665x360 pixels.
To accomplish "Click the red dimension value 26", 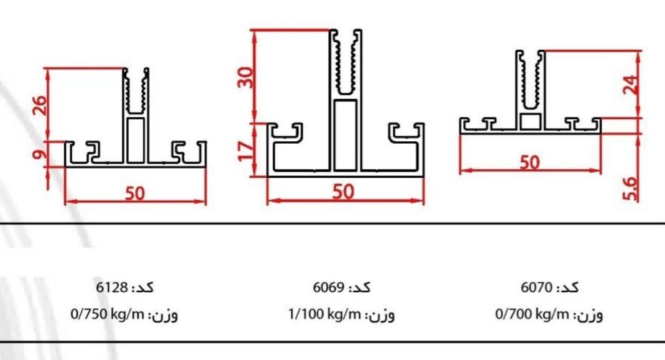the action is pos(39,106).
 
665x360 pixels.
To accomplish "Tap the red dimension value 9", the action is pos(39,153).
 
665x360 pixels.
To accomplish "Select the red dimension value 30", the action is pos(245,77).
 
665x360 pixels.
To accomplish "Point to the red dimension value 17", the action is pos(245,150).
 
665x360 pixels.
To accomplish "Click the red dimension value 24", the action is pos(631,85).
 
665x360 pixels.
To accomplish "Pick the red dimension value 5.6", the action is pos(631,188).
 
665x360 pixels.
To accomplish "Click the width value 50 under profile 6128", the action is pos(135,193).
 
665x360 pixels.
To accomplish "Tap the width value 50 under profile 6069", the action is pos(343,192).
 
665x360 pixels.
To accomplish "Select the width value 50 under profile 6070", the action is pos(530,162).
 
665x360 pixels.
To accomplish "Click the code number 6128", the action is pos(112,287).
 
